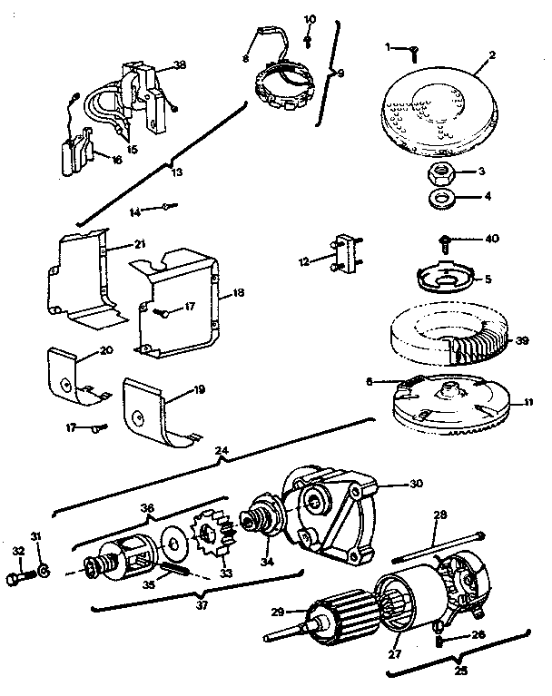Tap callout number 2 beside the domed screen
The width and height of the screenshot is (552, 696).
pyautogui.click(x=491, y=54)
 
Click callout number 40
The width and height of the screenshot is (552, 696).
pyautogui.click(x=492, y=239)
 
